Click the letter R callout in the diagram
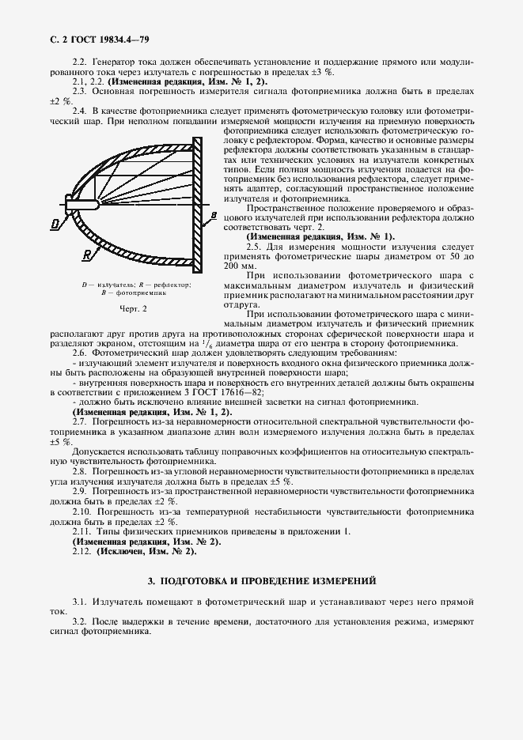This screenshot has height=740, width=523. pyautogui.click(x=85, y=254)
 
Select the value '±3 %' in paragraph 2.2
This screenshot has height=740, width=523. pyautogui.click(x=322, y=71)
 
